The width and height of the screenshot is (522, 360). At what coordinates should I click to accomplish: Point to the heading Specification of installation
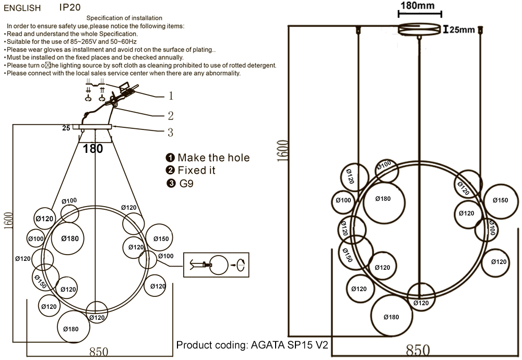124,18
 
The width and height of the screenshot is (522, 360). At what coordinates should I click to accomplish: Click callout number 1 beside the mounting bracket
170,96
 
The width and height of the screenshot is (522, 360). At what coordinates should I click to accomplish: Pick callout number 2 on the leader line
170,116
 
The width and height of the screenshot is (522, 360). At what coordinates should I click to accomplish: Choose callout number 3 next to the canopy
170,133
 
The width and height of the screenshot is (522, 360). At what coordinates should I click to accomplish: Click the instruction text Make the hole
213,158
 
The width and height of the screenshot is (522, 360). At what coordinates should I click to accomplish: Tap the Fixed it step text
196,171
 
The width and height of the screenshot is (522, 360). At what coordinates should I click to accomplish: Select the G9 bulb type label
186,183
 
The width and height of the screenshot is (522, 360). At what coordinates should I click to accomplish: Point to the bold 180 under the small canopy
93,149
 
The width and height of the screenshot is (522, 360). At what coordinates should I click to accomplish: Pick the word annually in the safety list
170,57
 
